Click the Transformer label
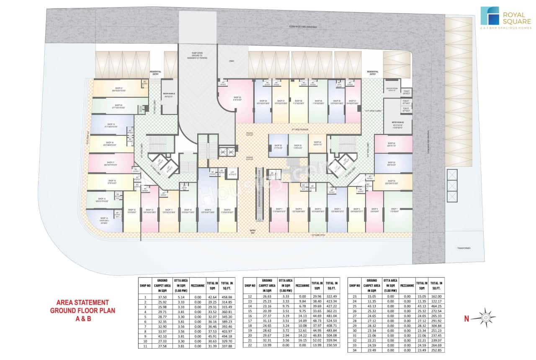pyautogui.click(x=464, y=248)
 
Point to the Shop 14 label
pyautogui.click(x=104, y=218)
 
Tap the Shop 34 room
pyautogui.click(x=317, y=145)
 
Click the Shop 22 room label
pyautogui.click(x=118, y=106)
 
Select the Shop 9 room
pyautogui.click(x=207, y=211)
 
